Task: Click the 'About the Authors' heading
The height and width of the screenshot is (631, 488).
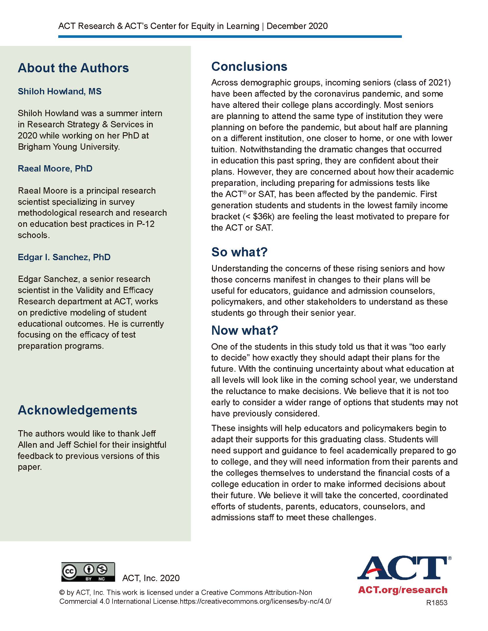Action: [x=73, y=68]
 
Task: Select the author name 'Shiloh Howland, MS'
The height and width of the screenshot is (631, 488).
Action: [x=59, y=91]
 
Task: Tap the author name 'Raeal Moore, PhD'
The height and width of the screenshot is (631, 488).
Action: [x=55, y=168]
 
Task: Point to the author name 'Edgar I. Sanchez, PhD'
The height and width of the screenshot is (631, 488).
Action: [x=64, y=257]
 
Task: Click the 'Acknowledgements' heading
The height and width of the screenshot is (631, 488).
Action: [x=77, y=410]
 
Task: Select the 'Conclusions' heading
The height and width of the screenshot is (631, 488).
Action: [x=249, y=67]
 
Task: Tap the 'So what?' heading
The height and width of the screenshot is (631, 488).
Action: [x=239, y=252]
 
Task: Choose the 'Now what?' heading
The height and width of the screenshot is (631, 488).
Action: [x=245, y=330]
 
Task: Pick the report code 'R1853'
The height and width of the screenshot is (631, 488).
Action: [x=437, y=603]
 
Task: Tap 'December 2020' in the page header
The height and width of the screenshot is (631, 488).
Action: [x=297, y=26]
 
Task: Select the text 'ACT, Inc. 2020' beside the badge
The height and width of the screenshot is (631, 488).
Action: [x=151, y=578]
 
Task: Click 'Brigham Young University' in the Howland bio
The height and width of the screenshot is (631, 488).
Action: [x=69, y=147]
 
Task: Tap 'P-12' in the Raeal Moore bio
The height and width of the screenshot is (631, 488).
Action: [x=146, y=224]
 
